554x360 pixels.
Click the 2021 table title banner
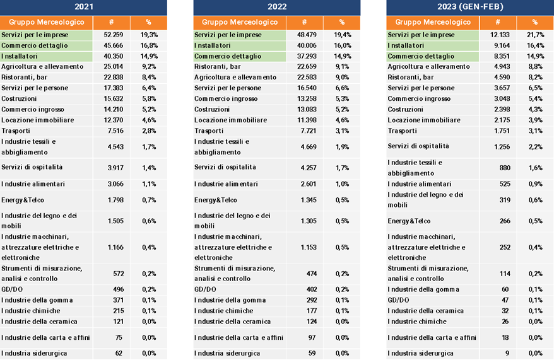click(83, 7)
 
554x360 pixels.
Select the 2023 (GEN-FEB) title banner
click(470, 7)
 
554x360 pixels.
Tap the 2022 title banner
click(277, 7)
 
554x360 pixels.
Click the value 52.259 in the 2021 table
click(114, 35)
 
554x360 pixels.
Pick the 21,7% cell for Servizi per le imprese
click(535, 35)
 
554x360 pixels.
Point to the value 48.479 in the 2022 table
click(307, 35)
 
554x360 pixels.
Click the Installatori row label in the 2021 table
click(20, 56)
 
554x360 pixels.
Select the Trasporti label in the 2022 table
click(209, 131)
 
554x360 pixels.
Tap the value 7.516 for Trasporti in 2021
click(115, 131)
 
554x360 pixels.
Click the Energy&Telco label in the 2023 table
click(409, 221)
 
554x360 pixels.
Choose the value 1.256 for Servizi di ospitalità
click(502, 147)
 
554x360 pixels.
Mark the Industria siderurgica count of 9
click(507, 353)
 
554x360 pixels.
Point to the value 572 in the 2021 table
click(119, 274)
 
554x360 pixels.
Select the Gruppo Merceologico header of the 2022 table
click(240, 22)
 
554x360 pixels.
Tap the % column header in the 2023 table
click(535, 22)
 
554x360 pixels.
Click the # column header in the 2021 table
click(111, 22)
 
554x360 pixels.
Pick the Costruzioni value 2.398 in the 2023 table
click(502, 110)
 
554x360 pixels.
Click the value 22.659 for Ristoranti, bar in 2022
click(307, 67)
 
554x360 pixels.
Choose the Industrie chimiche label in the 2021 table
click(31, 311)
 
